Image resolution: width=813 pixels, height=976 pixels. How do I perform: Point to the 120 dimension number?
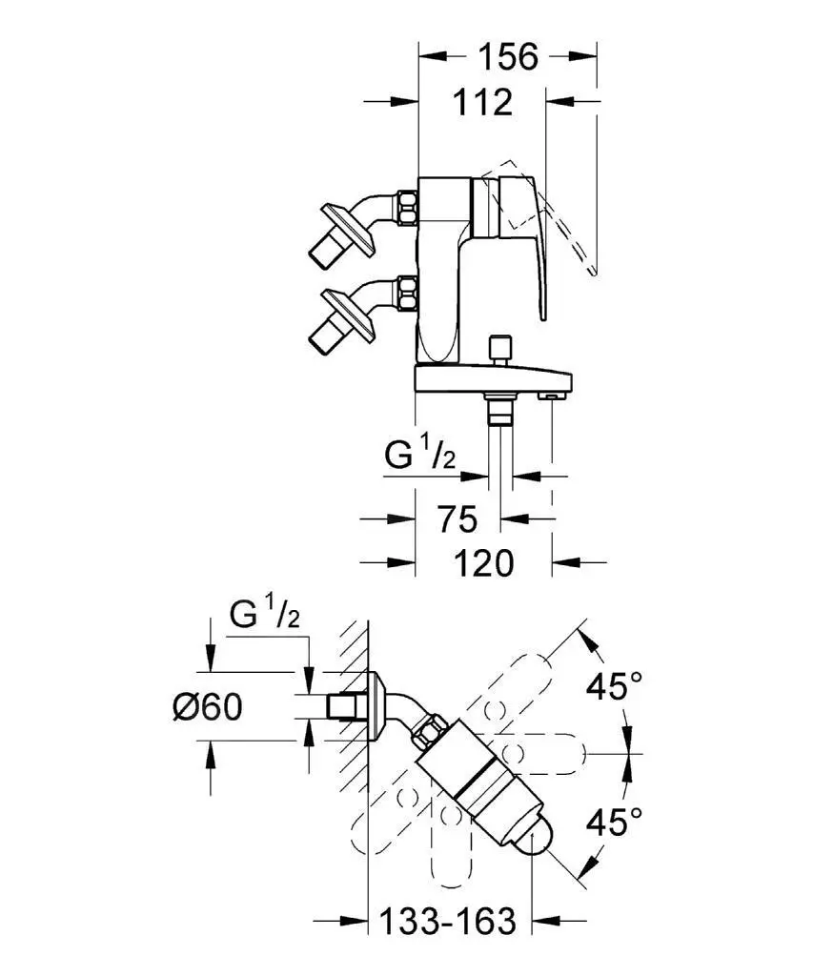(x=482, y=562)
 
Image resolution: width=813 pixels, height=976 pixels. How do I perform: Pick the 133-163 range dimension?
(x=447, y=921)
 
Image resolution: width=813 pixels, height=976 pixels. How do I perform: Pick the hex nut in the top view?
(x=429, y=734)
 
